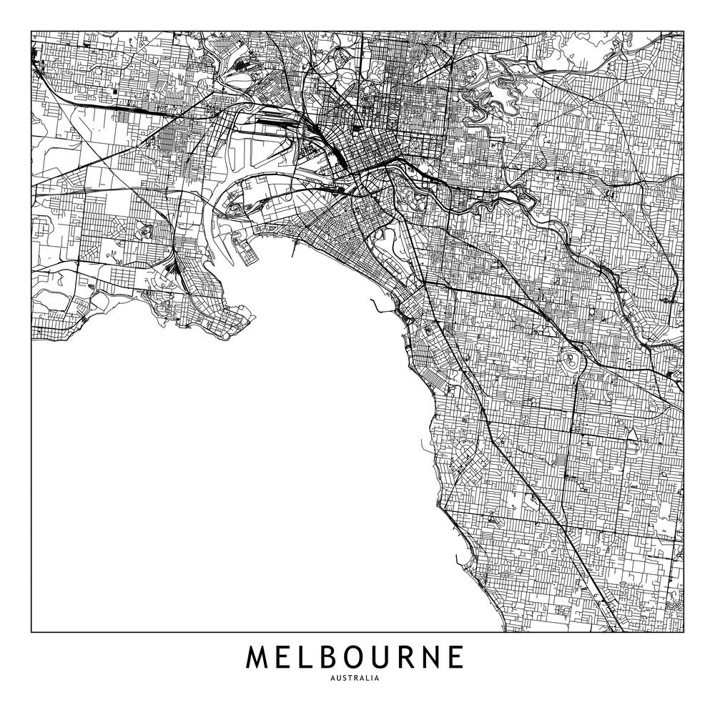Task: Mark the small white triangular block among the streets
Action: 631,433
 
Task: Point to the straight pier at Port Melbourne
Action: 295,247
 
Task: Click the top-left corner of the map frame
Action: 31,31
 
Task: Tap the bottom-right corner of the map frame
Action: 684,632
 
